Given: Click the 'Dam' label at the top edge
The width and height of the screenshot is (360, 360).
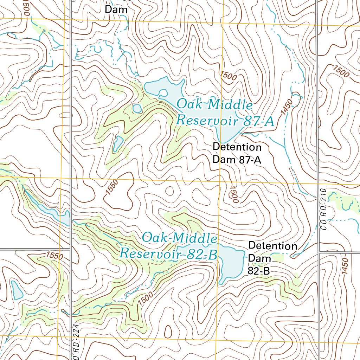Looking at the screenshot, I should click(x=116, y=10).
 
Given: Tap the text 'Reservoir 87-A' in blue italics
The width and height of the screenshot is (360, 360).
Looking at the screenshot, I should click(x=225, y=121).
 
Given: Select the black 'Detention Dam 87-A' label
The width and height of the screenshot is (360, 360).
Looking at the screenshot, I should click(x=237, y=153).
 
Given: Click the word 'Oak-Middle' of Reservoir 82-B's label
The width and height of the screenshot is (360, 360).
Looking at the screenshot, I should click(x=179, y=238).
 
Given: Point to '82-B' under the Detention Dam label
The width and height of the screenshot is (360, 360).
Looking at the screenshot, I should click(x=259, y=271).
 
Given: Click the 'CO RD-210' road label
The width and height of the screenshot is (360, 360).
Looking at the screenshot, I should click(x=323, y=210).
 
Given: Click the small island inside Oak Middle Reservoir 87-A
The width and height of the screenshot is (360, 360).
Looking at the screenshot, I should click(x=163, y=94).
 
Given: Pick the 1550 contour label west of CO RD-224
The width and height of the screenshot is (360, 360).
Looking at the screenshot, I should click(x=54, y=256).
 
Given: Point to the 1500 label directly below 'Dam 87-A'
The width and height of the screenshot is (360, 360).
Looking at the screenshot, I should click(x=233, y=194).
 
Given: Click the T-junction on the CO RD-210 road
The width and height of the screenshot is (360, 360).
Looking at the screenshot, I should click(x=319, y=252).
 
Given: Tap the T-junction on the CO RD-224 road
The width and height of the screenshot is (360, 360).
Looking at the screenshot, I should click(x=71, y=249).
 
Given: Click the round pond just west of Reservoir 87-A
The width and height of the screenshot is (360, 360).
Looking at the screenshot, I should click(x=136, y=109).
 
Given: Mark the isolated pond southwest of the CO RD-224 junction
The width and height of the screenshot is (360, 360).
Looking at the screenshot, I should click(x=17, y=290).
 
